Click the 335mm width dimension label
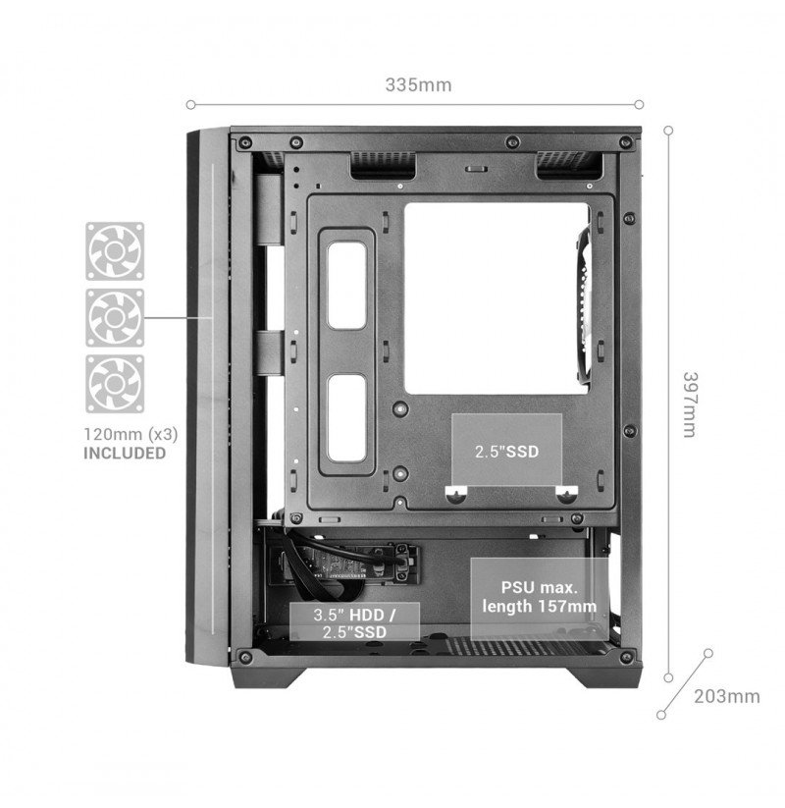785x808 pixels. [x=418, y=84]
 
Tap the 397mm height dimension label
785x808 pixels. [x=689, y=404]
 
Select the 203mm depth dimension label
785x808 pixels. [x=727, y=696]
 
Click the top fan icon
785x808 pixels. [x=115, y=251]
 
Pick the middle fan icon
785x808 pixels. [x=115, y=317]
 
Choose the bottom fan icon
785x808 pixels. [x=115, y=384]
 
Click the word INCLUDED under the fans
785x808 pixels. [x=125, y=453]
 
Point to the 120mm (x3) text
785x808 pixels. [x=131, y=434]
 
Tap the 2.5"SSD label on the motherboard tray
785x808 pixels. [x=507, y=452]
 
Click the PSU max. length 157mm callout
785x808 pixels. [x=539, y=597]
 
